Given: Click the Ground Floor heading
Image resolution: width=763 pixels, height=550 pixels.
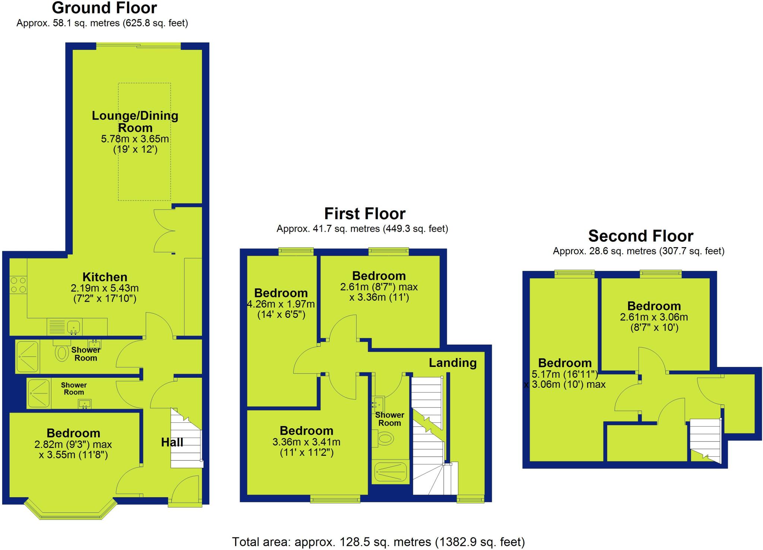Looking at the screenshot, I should click(x=104, y=8).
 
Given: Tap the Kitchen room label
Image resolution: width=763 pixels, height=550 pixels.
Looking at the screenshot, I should click(x=105, y=277).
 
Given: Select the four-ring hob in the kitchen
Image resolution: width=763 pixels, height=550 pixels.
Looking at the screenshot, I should click(x=18, y=285).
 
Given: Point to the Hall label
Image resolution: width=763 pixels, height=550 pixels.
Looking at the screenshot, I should click(x=172, y=442).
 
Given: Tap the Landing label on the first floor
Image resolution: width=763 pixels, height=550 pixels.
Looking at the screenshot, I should click(x=452, y=363).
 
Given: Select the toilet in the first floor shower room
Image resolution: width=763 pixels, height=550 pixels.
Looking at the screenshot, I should click(x=384, y=438).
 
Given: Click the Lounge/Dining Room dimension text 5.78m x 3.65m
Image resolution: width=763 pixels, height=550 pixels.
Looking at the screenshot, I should click(x=135, y=139).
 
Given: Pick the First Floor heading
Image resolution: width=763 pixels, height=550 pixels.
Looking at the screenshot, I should click(x=365, y=214).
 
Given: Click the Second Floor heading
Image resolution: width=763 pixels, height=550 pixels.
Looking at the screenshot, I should click(x=640, y=236).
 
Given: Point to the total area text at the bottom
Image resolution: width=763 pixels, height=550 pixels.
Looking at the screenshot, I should click(x=378, y=542).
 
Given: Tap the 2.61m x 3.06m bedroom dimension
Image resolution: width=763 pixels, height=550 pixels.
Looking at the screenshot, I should click(x=654, y=317).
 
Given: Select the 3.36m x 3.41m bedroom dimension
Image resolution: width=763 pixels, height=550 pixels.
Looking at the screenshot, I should click(x=306, y=442).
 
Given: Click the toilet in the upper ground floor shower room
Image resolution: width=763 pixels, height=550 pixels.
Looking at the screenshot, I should click(x=61, y=352).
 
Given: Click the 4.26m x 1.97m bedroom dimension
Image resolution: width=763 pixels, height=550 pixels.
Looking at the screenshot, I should click(x=281, y=304).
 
